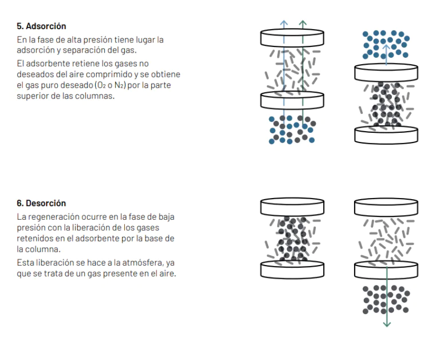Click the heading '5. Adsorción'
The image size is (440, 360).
41,26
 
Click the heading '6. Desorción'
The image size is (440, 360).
41,203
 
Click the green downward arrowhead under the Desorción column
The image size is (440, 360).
387,325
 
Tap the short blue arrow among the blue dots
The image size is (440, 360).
386,54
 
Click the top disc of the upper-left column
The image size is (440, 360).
292,38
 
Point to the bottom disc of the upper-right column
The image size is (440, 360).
386,135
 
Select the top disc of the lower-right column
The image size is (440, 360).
386,207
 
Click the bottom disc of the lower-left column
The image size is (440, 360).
292,270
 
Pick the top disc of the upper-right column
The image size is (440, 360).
386,73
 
